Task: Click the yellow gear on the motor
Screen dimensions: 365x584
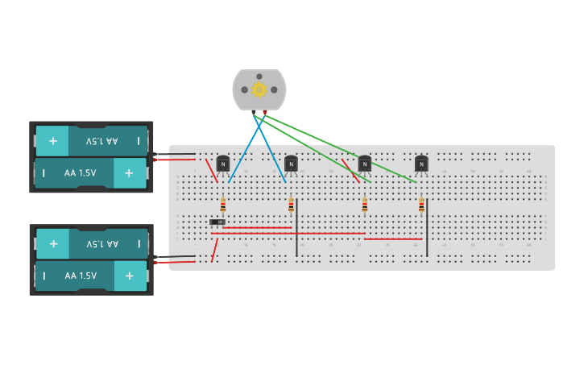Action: [x=259, y=89]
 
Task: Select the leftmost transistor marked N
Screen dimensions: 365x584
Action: [x=223, y=164]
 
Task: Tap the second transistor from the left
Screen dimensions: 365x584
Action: [x=291, y=164]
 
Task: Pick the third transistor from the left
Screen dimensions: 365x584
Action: [x=364, y=164]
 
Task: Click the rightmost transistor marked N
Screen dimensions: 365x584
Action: [x=421, y=164]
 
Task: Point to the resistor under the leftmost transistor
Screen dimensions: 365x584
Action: [x=223, y=205]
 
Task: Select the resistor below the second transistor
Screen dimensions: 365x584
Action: [x=291, y=205]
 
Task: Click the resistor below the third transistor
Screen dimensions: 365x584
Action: [x=364, y=205]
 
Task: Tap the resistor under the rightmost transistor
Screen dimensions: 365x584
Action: [x=421, y=205]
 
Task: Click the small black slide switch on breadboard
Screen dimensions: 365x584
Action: [x=217, y=222]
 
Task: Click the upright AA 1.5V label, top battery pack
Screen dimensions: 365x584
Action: [x=80, y=173]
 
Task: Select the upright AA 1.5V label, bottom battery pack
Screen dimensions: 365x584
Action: [x=80, y=276]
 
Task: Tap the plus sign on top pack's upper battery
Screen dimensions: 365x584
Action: [x=53, y=141]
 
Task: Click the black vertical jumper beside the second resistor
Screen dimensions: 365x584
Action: [x=296, y=227]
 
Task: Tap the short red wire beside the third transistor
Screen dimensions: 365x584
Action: [x=350, y=170]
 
